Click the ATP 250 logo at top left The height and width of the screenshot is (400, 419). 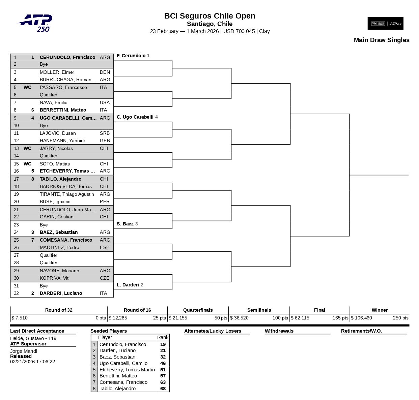coord(35,23)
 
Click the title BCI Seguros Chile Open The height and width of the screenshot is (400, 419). coord(209,16)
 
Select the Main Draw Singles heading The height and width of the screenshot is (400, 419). coord(381,40)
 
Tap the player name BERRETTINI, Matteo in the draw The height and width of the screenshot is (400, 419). coord(63,110)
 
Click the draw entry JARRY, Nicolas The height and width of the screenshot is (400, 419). coord(56,148)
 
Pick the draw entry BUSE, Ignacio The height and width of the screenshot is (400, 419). coord(55,202)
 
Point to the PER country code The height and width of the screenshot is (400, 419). coord(105,202)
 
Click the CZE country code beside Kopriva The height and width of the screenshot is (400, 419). coord(105,278)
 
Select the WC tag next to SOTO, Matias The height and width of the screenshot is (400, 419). coord(27,164)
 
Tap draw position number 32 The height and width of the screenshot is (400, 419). coord(16,293)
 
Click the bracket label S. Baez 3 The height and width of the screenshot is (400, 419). coord(127,224)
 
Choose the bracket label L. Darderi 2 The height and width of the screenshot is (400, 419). coord(130,285)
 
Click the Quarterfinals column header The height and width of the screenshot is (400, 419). coord(198,310)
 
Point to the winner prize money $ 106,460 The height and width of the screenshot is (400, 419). coord(361,318)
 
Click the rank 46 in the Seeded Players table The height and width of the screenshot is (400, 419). coord(163,363)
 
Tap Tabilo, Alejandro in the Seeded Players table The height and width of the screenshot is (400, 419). coord(117,389)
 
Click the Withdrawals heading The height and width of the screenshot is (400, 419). coord(279,331)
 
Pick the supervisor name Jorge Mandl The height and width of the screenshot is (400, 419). coord(24,351)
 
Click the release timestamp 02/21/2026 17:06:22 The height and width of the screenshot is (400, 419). coord(32,362)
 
